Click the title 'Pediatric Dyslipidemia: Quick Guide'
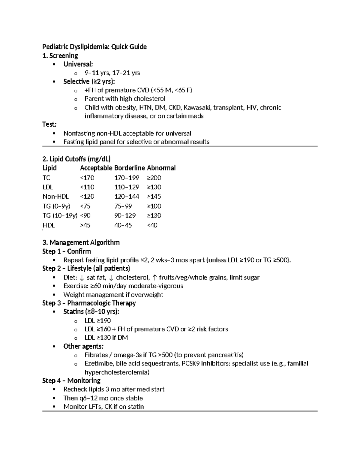(94, 47)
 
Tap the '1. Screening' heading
(60, 56)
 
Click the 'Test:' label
(49, 124)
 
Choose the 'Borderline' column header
(129, 168)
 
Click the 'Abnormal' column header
(161, 168)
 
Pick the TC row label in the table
(46, 178)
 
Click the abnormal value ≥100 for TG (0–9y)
(154, 206)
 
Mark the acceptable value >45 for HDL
(85, 225)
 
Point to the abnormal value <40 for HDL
(152, 225)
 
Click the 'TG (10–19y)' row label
(60, 215)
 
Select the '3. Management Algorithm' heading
(81, 242)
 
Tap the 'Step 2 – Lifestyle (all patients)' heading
(86, 268)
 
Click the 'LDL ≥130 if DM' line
(106, 338)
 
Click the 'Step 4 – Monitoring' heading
(71, 380)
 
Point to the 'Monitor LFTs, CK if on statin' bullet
(103, 407)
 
